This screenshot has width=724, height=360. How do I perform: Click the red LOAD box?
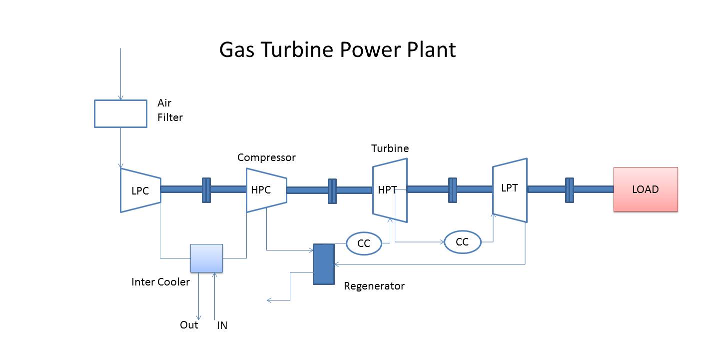(646, 189)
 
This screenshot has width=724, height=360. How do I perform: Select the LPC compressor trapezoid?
(140, 190)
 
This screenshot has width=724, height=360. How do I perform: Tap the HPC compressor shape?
(266, 190)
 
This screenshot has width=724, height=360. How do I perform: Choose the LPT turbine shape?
(510, 189)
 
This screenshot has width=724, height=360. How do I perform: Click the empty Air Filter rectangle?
(120, 113)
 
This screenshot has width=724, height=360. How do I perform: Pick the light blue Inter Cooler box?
(206, 258)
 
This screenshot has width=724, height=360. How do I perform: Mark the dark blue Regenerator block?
(323, 264)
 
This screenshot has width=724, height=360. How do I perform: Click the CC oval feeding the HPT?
(364, 243)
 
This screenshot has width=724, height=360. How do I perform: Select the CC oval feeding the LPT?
(462, 242)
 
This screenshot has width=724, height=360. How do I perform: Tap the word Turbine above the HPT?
(390, 148)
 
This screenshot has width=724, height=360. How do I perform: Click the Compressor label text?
(266, 157)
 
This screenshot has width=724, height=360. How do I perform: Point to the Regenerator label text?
(374, 286)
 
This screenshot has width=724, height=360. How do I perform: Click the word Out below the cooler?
(189, 325)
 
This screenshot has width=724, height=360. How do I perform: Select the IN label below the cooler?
(222, 325)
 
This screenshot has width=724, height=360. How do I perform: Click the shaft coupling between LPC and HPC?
(206, 190)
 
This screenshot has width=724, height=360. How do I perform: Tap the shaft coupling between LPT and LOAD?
(569, 190)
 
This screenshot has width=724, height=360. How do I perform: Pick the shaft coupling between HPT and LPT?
(452, 190)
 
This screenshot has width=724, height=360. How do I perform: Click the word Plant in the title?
(429, 50)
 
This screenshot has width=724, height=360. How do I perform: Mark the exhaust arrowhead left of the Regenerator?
(269, 300)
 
